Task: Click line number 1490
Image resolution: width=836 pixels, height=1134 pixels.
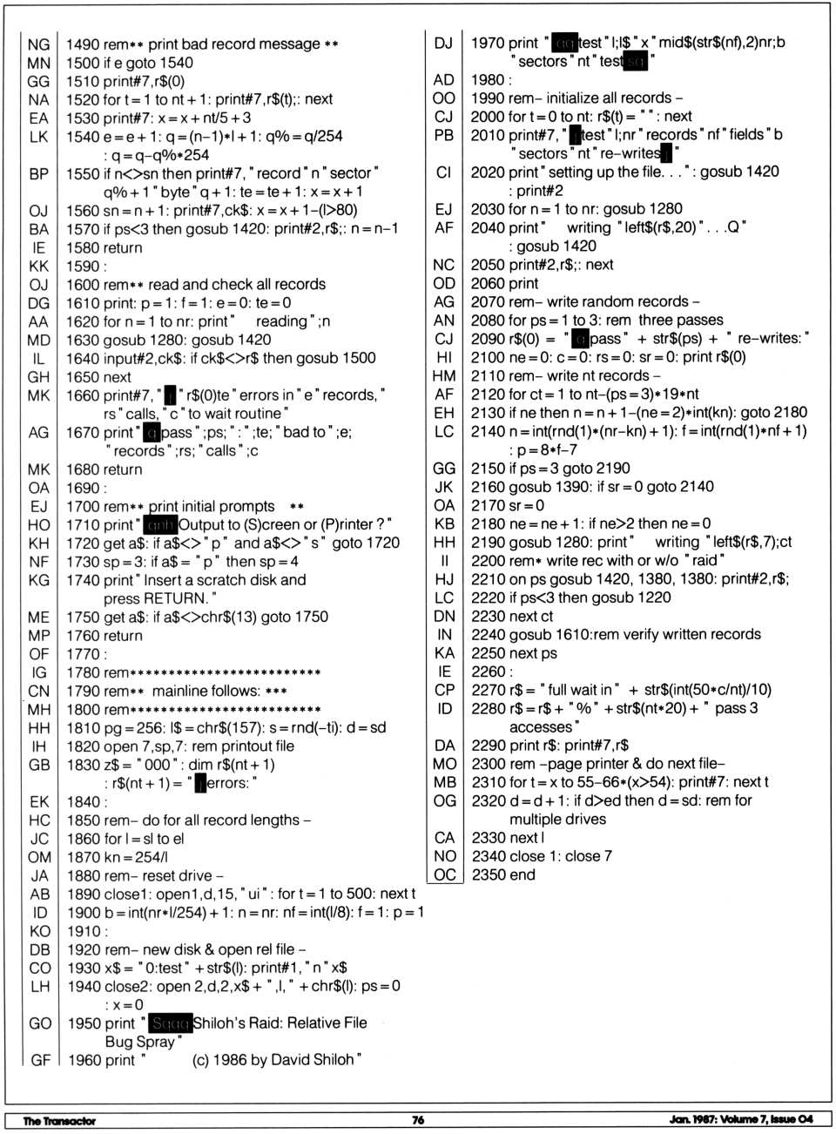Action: pos(83,44)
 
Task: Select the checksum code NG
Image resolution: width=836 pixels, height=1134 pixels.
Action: pos(38,44)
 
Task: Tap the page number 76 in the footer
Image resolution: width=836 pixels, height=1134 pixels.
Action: pos(418,1120)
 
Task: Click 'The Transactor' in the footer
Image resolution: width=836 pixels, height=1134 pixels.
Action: pos(59,1121)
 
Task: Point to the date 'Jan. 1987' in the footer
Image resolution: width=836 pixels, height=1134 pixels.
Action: pos(693,1119)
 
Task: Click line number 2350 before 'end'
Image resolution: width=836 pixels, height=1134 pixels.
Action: pos(489,874)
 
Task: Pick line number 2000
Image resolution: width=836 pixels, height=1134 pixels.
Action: pos(488,117)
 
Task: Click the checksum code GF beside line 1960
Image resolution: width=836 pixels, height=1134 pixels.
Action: pos(40,1060)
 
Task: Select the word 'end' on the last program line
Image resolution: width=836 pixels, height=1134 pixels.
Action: pos(522,874)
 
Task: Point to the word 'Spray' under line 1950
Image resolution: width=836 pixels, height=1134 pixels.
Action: pos(157,1041)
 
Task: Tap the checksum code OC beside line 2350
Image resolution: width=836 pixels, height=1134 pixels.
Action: pos(444,874)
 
